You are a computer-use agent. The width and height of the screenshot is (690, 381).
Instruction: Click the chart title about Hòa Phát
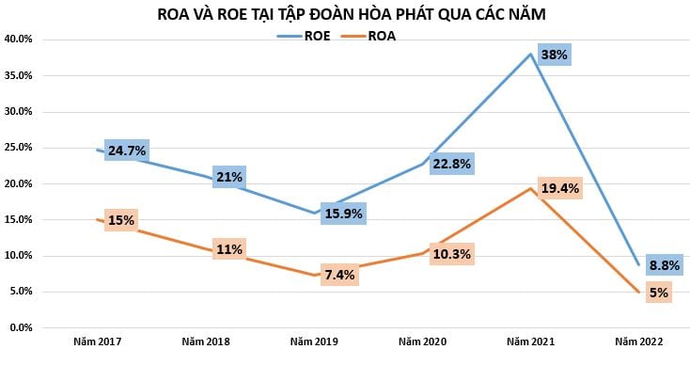tap(344, 14)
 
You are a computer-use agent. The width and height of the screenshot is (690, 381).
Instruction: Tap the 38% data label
tap(555, 55)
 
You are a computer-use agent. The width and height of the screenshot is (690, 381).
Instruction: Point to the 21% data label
tap(228, 177)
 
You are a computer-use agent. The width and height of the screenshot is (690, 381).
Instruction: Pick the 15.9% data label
tap(342, 214)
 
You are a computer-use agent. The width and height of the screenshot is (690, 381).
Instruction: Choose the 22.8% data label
tap(451, 164)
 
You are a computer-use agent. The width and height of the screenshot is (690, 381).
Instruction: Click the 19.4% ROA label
tap(560, 188)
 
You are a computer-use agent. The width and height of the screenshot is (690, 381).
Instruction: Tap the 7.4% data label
tap(340, 275)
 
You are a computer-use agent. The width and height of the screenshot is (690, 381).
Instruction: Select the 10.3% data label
tap(451, 254)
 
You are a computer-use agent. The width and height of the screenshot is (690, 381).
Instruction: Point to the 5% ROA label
tap(658, 293)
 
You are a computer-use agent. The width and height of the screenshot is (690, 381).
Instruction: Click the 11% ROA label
tap(228, 249)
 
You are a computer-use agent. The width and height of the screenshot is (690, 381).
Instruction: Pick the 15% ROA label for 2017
tap(121, 221)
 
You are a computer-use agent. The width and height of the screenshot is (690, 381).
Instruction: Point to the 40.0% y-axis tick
tap(19, 40)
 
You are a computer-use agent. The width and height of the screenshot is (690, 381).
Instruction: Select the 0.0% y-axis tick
tap(21, 327)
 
